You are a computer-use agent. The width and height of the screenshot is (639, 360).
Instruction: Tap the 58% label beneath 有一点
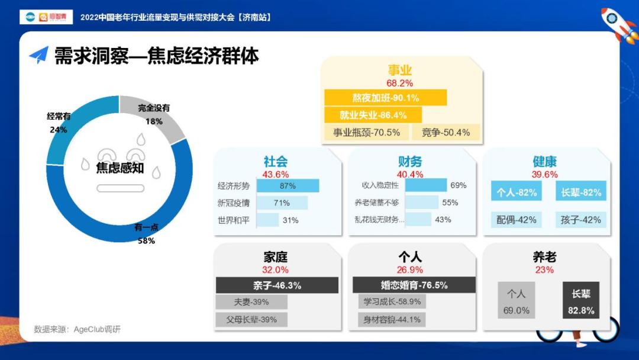point(146,240)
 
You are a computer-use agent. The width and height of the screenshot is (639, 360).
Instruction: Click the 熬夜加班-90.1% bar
point(386,98)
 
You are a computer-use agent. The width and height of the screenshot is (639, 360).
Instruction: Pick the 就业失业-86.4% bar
point(373,115)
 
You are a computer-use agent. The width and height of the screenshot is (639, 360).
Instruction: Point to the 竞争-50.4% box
point(446,133)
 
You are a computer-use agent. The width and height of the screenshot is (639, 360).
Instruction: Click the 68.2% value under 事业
point(400,83)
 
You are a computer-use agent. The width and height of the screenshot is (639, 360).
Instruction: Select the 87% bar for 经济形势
point(288,186)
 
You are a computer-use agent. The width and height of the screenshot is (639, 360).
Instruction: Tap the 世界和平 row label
point(234,221)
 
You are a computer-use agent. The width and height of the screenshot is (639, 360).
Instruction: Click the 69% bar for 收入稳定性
point(426,185)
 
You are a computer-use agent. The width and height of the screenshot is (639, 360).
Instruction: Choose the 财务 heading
point(410,162)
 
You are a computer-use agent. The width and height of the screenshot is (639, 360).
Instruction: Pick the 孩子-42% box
point(581,220)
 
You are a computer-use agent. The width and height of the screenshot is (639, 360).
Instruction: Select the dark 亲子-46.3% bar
point(277,285)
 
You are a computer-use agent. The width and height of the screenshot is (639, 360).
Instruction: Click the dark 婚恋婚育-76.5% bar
point(414,285)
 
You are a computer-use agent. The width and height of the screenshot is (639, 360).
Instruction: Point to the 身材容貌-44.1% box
point(392,320)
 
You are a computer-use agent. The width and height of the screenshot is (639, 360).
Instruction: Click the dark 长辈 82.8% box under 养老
point(581,300)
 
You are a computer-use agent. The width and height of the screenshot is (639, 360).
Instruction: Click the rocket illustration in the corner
point(619,24)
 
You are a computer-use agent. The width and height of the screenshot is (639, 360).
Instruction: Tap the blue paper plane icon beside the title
point(39,54)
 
